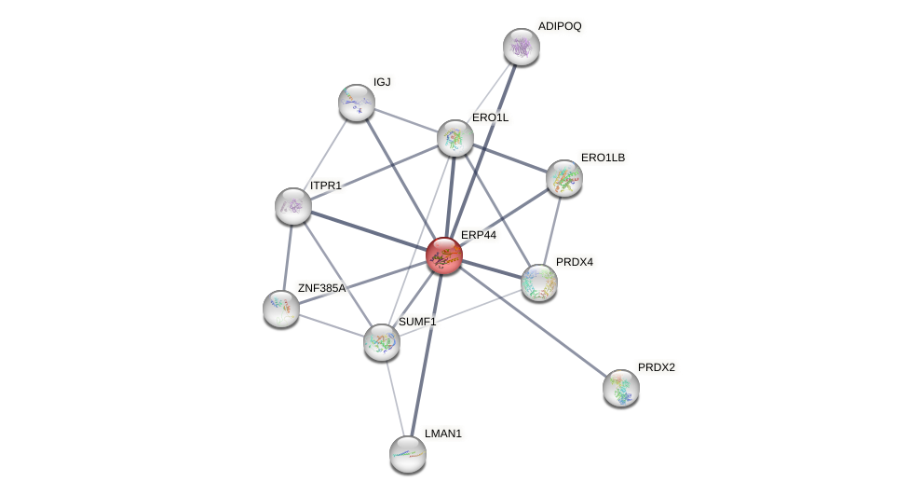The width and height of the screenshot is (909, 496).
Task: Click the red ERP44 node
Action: [444, 255]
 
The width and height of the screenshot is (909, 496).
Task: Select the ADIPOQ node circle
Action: [522, 47]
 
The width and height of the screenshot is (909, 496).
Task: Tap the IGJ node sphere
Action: [357, 103]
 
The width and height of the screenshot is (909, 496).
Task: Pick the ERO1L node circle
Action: [455, 138]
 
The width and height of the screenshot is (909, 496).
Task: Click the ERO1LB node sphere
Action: [564, 178]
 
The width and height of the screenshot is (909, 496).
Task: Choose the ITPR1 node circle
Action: [293, 206]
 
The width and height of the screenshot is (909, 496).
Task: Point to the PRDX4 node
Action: [539, 282]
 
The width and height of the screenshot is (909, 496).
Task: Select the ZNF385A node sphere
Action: [281, 309]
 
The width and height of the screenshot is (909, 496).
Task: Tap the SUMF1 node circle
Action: [382, 342]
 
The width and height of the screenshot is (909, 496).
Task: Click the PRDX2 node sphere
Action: [621, 388]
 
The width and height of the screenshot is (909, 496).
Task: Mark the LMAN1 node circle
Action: [408, 454]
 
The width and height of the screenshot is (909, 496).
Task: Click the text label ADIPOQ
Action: [559, 26]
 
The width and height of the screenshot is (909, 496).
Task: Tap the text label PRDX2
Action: [656, 367]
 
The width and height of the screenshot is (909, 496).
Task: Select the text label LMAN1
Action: [442, 434]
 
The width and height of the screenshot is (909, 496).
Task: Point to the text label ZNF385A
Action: [321, 288]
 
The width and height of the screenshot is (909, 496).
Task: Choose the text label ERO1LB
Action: [603, 158]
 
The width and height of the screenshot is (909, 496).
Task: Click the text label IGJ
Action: [382, 82]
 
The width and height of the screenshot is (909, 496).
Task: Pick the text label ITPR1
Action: [326, 186]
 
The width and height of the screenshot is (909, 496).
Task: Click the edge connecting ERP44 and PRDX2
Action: [533, 322]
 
